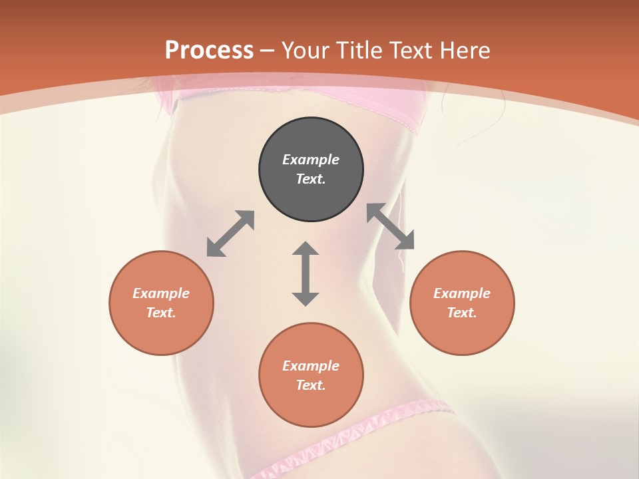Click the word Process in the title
(209, 51)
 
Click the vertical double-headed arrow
(306, 273)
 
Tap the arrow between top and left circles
(230, 234)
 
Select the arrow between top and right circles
(391, 227)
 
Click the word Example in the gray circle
(311, 160)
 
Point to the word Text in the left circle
(160, 313)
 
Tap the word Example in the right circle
(462, 293)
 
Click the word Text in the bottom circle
(310, 385)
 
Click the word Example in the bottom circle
(311, 366)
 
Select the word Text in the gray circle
(310, 179)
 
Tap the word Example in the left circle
(161, 293)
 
